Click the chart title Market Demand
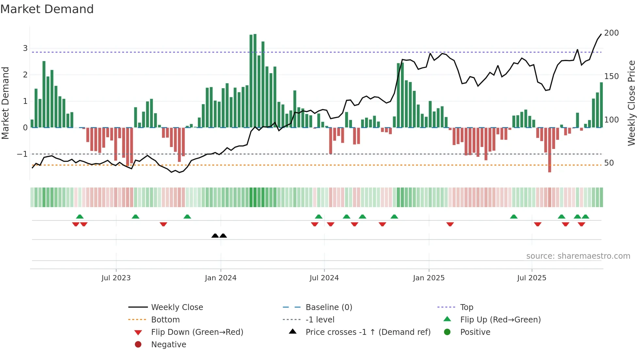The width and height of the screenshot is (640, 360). point(47,9)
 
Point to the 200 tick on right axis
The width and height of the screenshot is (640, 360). point(611,33)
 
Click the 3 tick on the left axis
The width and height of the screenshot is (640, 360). point(25,48)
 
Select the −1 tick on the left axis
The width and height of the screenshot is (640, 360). point(23,154)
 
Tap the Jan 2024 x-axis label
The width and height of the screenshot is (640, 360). point(220,278)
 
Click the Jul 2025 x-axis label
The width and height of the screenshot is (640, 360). point(532,278)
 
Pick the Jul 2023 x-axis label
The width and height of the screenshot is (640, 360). point(116,278)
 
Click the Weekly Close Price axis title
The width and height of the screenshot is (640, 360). point(632,103)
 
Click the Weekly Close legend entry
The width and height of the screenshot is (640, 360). point(177,307)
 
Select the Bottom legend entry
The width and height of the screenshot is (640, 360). point(165,320)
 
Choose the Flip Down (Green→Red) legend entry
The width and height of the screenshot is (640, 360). point(197,332)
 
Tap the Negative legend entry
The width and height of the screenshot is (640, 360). point(168,345)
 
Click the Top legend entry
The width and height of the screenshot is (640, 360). point(466,307)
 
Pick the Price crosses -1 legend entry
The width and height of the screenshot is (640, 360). point(368,332)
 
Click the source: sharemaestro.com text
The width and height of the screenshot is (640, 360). point(578,256)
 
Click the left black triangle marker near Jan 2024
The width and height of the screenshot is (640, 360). point(215,236)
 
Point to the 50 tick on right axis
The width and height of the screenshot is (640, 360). point(609,163)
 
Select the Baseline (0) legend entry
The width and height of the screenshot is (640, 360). point(328,307)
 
